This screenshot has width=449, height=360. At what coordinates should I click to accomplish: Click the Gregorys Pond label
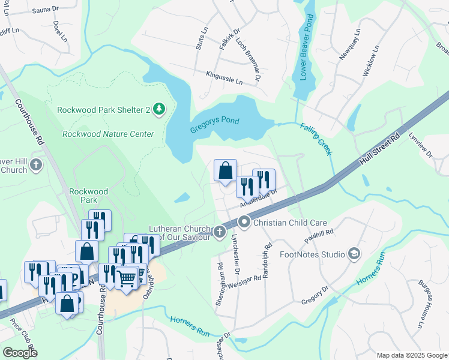(214, 121)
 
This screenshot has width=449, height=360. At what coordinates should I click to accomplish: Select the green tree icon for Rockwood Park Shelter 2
(159, 109)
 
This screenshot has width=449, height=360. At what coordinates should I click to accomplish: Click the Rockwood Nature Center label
(108, 134)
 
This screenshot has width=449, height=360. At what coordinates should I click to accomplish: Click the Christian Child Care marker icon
(244, 223)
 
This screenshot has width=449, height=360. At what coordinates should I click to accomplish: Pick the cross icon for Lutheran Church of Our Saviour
(220, 231)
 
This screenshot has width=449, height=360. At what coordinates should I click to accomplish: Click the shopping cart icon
(127, 278)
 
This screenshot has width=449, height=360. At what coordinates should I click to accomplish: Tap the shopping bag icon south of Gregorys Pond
(225, 170)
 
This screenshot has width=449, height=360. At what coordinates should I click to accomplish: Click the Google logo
(20, 352)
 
